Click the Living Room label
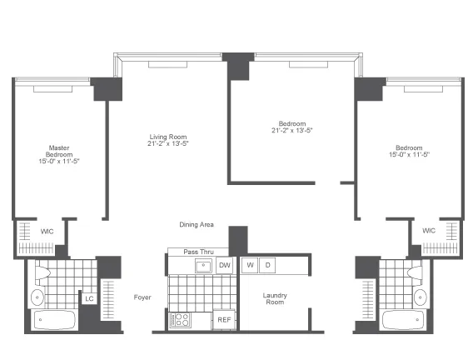pyautogui.click(x=168, y=137)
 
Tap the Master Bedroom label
pyautogui.click(x=59, y=151)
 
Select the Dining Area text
pyautogui.click(x=197, y=225)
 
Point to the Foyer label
pyautogui.click(x=142, y=297)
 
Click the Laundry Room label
pyautogui.click(x=275, y=299)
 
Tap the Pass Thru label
pyautogui.click(x=198, y=252)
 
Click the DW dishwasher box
pyautogui.click(x=225, y=265)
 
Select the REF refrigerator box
pyautogui.click(x=224, y=320)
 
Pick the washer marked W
pyautogui.click(x=250, y=265)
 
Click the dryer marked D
pyautogui.click(x=267, y=265)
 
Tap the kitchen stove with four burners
pyautogui.click(x=180, y=320)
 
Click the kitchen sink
pyautogui.click(x=203, y=266)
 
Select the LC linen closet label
pyautogui.click(x=89, y=298)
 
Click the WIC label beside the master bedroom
pyautogui.click(x=47, y=231)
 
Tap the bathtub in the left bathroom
pyautogui.click(x=54, y=320)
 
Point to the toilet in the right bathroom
pyautogui.click(x=415, y=272)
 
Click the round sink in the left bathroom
pyautogui.click(x=37, y=297)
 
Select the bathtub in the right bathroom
pyautogui.click(x=403, y=320)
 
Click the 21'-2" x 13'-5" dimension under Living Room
pyautogui.click(x=168, y=143)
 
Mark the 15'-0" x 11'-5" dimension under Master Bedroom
pyautogui.click(x=59, y=161)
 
